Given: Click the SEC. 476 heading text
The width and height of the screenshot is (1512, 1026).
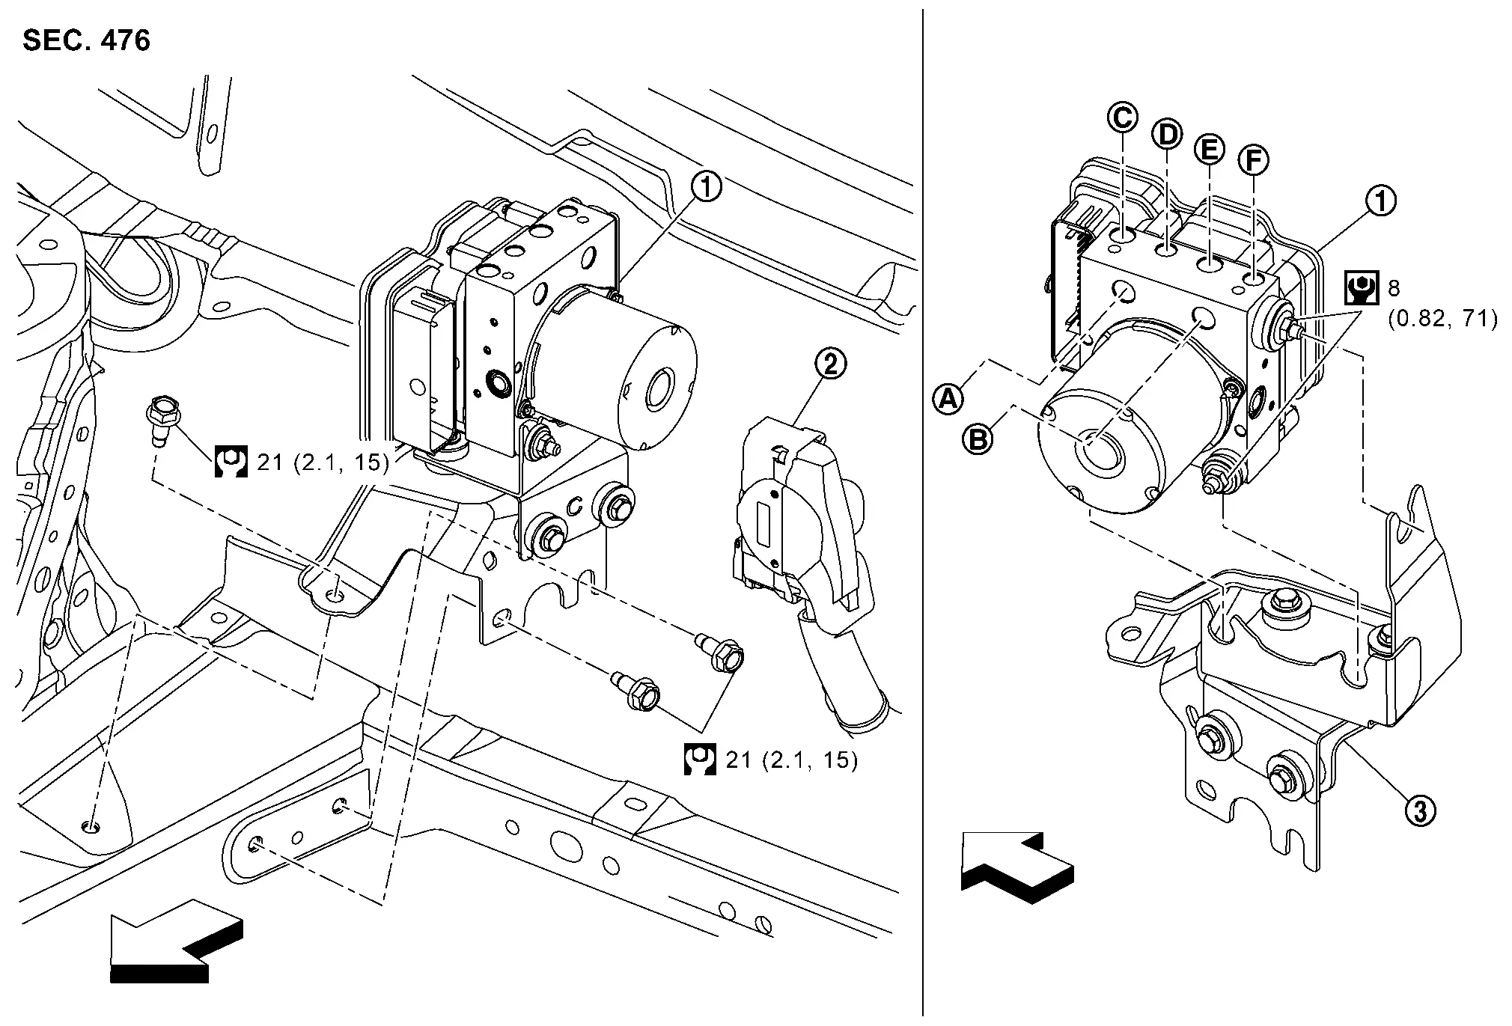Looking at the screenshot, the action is coord(86,40).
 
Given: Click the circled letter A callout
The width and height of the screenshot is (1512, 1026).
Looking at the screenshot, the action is coord(948,398).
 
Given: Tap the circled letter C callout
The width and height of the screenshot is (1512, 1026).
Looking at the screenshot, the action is coord(1123,117).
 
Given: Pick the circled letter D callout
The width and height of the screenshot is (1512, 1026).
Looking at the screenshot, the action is coord(1166,134).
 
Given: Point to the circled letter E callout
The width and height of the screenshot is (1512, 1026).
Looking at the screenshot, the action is coord(1209,149).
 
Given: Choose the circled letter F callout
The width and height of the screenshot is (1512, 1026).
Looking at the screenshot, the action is coord(1254,159).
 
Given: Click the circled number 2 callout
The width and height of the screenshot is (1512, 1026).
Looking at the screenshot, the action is coord(830,364).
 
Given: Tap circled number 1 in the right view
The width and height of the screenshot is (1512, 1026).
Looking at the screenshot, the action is coord(1380,201).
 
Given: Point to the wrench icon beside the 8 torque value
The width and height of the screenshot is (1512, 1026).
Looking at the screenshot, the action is coord(1362,287).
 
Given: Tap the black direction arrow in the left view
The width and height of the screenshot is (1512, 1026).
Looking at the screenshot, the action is coord(175,940).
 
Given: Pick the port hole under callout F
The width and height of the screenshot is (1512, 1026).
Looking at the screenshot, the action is coord(1253,279).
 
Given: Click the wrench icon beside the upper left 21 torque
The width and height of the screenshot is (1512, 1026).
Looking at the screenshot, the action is coord(231,462).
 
